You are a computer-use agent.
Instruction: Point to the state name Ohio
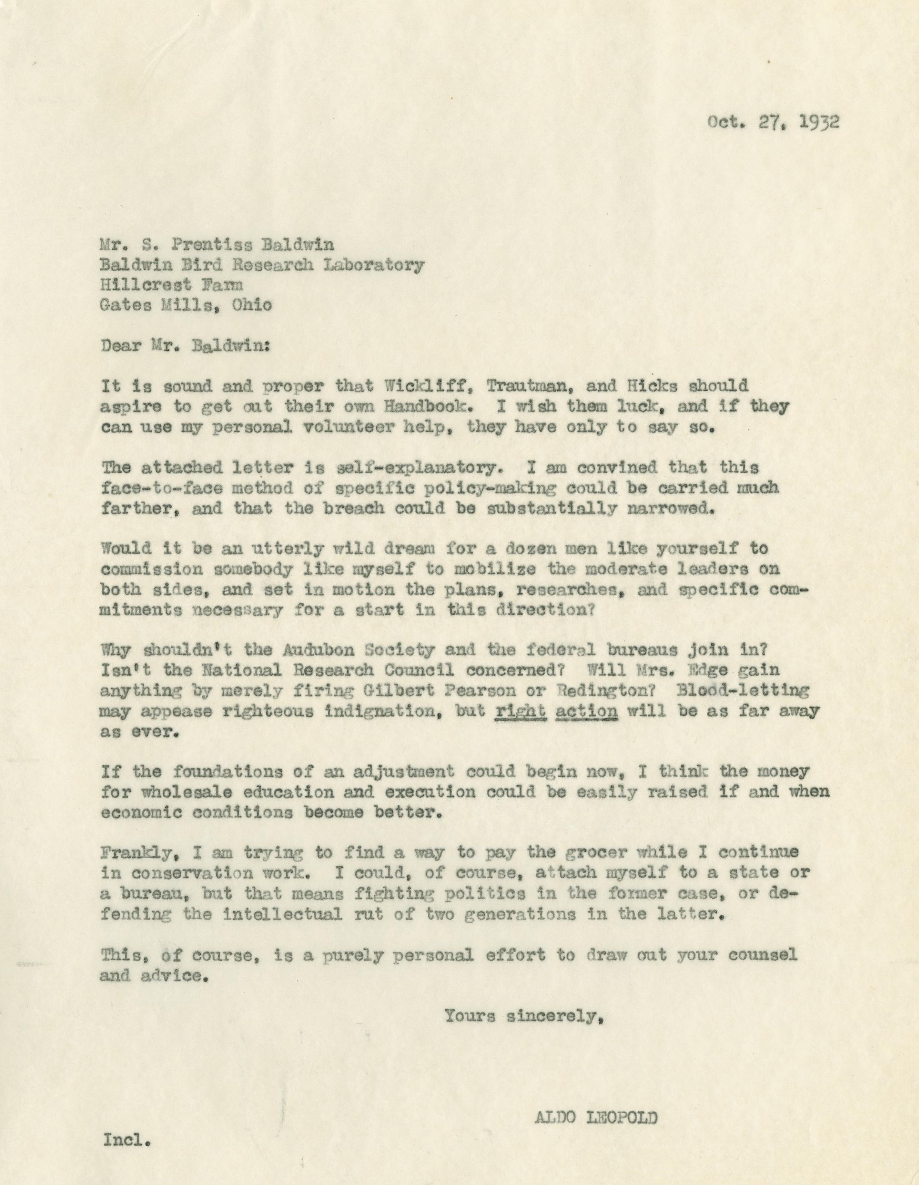[x=252, y=306]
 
